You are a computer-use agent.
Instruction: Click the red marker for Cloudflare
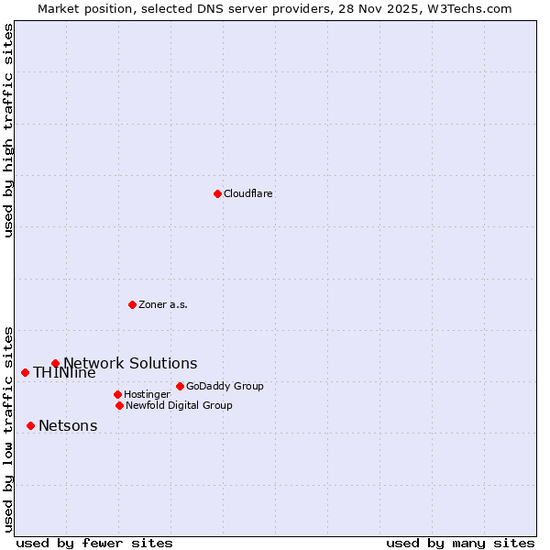click(217, 193)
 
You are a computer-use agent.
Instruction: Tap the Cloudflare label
click(247, 194)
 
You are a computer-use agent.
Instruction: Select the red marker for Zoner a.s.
click(132, 304)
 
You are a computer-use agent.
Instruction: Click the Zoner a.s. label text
click(163, 304)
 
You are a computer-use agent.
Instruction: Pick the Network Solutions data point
click(55, 363)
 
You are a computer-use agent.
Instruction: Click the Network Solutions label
click(130, 364)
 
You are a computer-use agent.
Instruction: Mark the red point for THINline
click(25, 372)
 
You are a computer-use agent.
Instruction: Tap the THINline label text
click(64, 373)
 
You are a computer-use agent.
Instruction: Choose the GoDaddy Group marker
click(180, 386)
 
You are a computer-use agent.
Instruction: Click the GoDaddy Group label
click(225, 386)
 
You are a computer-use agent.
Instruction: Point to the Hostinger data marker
click(117, 394)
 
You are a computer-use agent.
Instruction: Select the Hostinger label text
click(147, 395)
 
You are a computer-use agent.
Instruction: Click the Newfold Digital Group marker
click(119, 405)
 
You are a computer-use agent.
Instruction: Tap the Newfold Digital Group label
click(179, 405)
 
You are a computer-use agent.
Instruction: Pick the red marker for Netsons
click(30, 425)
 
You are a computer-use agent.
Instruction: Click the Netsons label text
click(68, 426)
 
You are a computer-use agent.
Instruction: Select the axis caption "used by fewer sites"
click(94, 543)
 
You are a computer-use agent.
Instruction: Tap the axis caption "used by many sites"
click(460, 543)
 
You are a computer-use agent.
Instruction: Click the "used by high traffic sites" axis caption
click(8, 130)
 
